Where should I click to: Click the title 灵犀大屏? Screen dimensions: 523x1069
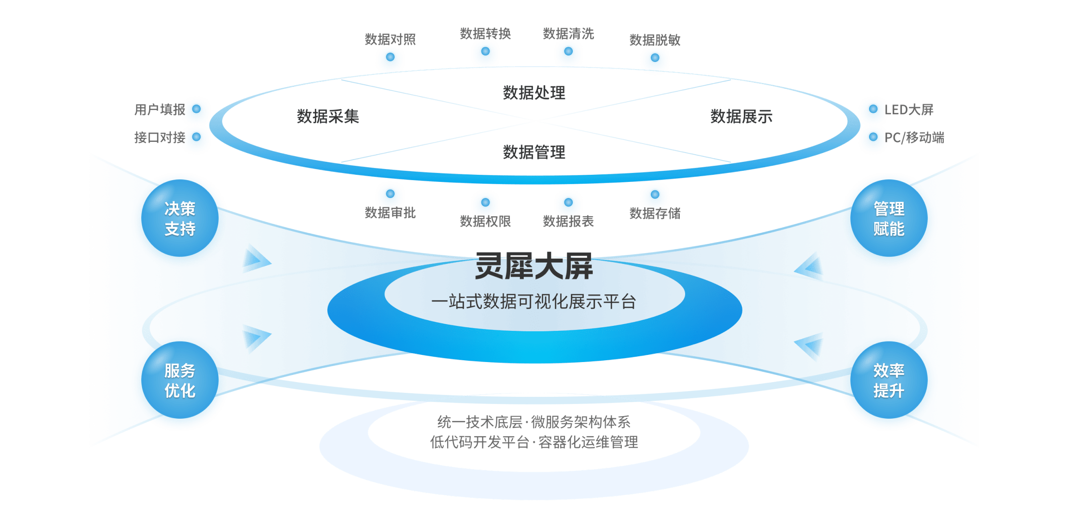(x=534, y=266)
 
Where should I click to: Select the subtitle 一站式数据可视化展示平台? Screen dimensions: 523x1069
(x=534, y=302)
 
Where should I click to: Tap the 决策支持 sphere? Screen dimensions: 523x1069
(x=180, y=218)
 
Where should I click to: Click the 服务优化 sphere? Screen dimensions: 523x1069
(x=180, y=381)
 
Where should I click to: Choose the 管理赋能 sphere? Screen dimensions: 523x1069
(x=889, y=218)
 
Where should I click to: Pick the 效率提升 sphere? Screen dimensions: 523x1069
(x=889, y=381)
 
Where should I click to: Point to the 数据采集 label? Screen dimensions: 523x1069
(x=328, y=116)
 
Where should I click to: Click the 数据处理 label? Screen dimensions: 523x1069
(x=534, y=93)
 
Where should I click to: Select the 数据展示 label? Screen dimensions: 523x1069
(x=741, y=116)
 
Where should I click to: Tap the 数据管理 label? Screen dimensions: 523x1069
(x=534, y=152)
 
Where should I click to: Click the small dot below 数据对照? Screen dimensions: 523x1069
(x=390, y=58)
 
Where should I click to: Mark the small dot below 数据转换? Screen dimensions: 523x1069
(x=486, y=53)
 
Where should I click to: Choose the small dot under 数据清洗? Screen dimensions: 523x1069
(x=568, y=53)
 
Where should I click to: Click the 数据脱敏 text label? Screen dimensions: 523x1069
(x=654, y=40)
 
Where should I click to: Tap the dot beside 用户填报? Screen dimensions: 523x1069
(x=196, y=110)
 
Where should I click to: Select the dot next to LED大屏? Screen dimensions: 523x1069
(x=873, y=110)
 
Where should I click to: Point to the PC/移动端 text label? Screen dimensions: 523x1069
(x=915, y=138)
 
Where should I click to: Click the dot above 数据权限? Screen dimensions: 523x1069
(x=486, y=204)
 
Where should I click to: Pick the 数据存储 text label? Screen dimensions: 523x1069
(x=654, y=214)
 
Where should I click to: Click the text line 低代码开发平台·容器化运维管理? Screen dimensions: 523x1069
(x=534, y=442)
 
